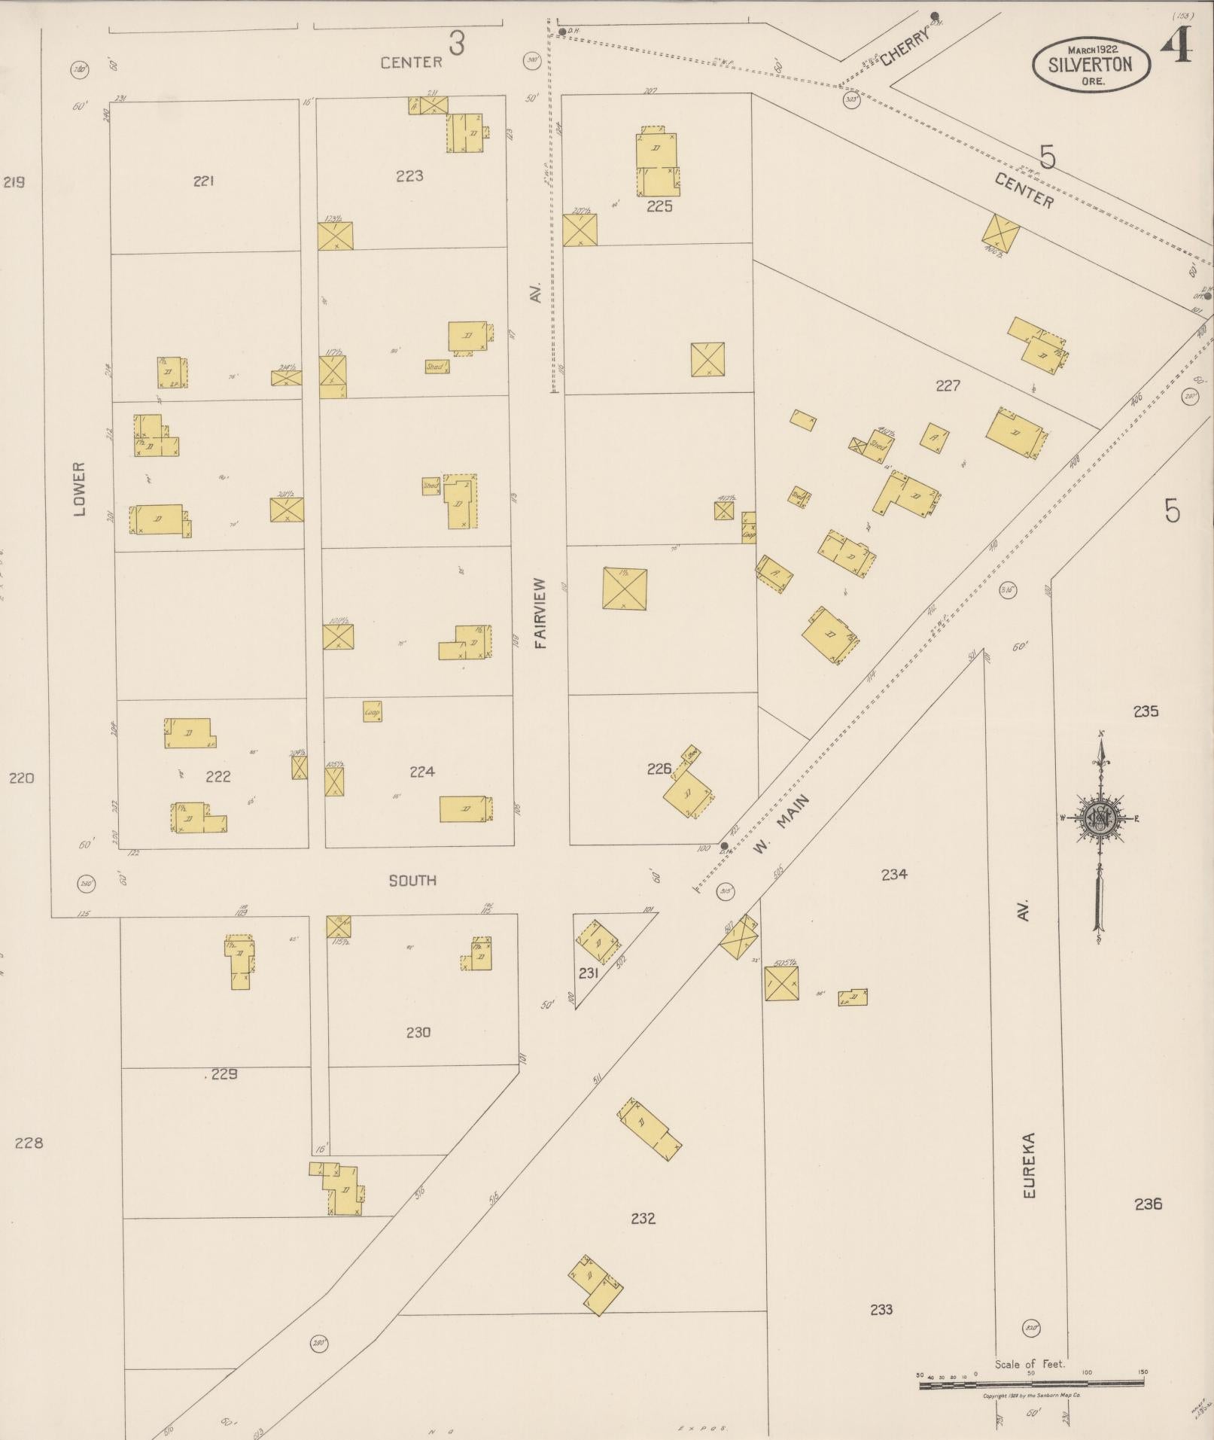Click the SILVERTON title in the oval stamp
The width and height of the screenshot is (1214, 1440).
1091,64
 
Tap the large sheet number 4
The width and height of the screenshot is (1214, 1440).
1176,47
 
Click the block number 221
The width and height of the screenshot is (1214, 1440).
204,181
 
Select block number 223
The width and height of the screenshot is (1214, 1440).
409,176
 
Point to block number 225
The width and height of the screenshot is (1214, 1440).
659,206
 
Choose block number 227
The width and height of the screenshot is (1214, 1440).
948,385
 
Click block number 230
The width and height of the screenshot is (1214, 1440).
418,1032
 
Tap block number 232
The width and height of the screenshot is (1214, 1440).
644,1218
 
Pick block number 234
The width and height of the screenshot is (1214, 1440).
894,874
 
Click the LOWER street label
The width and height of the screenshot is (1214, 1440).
81,489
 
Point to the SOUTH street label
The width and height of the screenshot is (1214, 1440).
412,880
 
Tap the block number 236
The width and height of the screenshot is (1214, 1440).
1148,1204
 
